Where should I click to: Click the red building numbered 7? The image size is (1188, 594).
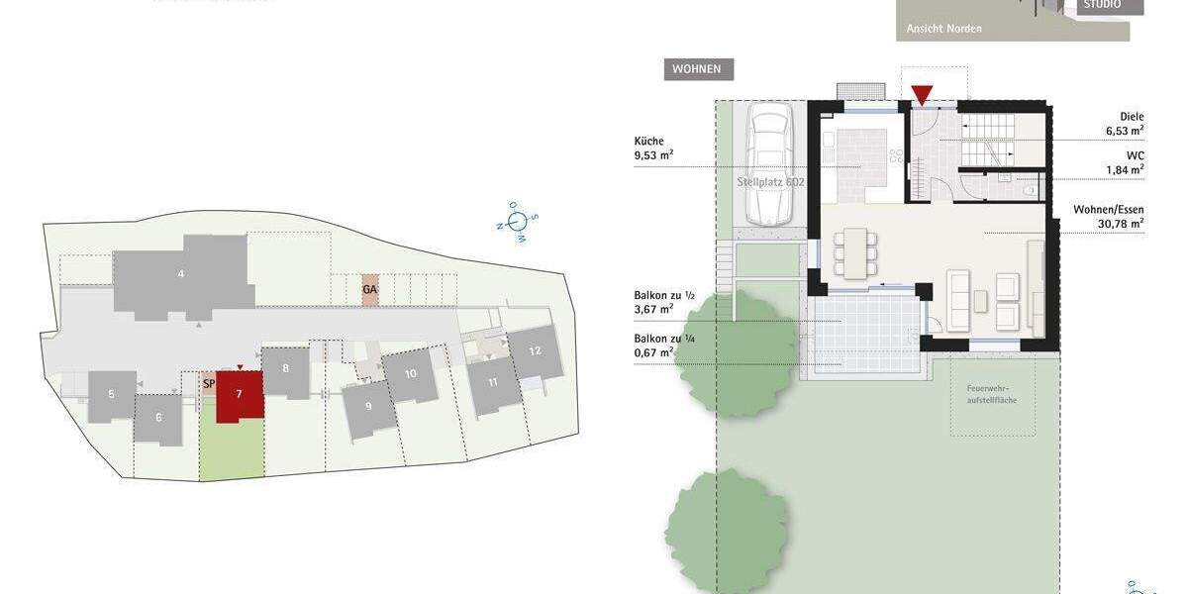tap(238, 395)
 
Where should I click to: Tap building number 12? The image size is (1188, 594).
tap(535, 351)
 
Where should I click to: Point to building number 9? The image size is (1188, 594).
tap(368, 406)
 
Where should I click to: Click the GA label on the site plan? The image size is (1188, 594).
tap(369, 289)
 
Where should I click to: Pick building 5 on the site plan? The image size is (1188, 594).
tap(111, 395)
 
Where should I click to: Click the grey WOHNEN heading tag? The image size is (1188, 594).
tap(698, 69)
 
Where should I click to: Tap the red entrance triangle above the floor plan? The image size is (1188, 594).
tap(922, 95)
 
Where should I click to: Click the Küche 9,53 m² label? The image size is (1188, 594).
tap(653, 148)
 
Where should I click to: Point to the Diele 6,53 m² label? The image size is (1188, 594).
tap(1125, 123)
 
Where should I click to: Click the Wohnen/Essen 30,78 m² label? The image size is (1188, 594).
tap(1108, 217)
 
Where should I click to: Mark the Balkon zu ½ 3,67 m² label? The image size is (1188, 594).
tap(654, 302)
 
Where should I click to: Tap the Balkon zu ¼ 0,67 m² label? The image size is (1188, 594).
tap(654, 345)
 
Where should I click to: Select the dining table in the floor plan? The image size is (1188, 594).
tap(854, 252)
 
